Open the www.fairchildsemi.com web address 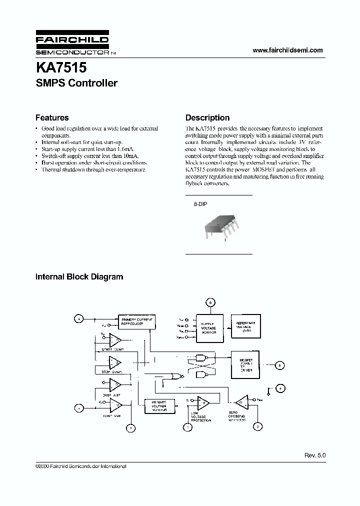287,50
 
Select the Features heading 52,118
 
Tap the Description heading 207,118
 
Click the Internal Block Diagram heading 79,276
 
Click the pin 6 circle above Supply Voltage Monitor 210,302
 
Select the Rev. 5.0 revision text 315,455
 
